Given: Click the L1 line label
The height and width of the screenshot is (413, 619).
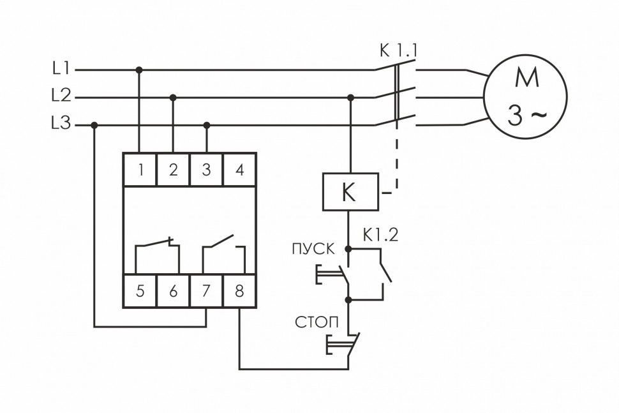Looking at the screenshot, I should pos(61,68).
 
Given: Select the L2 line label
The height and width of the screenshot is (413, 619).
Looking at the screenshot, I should pos(61,97).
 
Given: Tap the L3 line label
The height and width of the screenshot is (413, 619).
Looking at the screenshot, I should pos(61,125).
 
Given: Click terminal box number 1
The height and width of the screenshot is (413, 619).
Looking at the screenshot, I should pos(140,170).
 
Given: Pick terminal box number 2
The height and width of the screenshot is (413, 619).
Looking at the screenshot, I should pos(173,170).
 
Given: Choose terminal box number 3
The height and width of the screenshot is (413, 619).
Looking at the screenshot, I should pos(206,170).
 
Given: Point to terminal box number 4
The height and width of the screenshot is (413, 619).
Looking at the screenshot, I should pos(239,170).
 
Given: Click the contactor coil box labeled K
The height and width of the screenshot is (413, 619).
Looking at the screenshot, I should pos(349,191).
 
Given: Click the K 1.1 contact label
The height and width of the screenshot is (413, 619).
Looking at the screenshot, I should pos(396,50).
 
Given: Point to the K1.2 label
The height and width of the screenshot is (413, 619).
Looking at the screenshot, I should pos(380,235).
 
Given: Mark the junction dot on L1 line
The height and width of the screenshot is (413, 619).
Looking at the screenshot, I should pos(140,69).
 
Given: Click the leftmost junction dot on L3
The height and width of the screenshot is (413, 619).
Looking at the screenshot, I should pos(94,126).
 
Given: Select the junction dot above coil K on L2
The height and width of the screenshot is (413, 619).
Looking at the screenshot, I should pos(350,98).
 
